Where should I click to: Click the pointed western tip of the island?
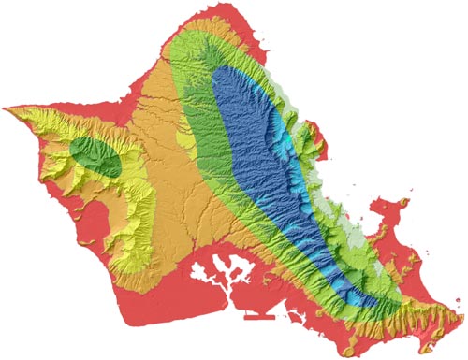pos(5,108)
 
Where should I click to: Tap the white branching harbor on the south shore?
pos(225,271)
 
